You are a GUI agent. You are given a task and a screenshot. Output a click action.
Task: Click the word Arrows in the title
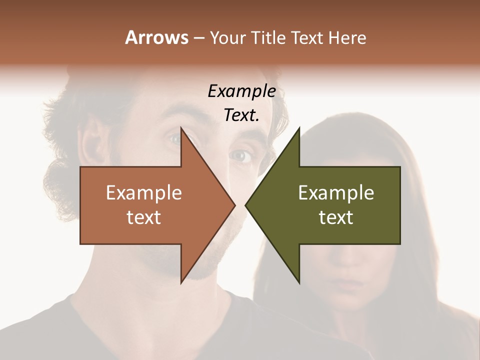tap(156, 37)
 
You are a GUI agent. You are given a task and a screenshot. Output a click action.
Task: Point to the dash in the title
tap(198, 38)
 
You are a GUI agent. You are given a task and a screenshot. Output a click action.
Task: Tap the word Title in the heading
tap(268, 37)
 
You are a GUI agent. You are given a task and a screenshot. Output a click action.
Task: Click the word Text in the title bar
tap(307, 37)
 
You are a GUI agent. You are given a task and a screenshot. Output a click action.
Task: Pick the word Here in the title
tap(347, 37)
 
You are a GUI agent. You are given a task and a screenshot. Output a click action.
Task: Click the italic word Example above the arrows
tap(241, 91)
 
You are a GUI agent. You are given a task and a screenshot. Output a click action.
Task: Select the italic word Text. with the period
tap(241, 115)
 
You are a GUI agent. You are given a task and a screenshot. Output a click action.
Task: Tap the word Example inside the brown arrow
tap(144, 193)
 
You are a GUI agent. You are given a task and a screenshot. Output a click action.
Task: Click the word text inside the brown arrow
tap(144, 217)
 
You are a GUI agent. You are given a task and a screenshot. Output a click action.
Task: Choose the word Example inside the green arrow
tap(336, 193)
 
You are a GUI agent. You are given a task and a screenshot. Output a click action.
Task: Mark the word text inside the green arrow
tap(336, 217)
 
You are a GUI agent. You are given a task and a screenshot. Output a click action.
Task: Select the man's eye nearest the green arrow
tap(241, 156)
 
